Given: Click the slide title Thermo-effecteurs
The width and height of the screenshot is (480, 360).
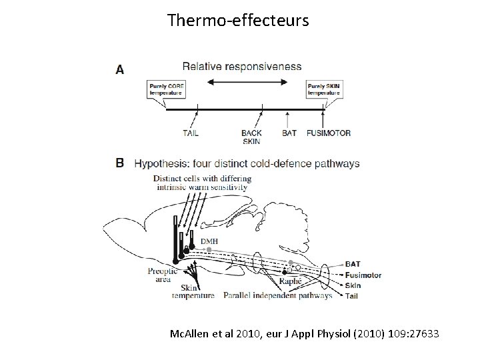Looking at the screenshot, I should point(238,21).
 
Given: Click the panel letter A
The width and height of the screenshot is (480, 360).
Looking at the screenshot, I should point(119,69).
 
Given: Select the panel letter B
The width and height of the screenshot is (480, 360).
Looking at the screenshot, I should point(119,163).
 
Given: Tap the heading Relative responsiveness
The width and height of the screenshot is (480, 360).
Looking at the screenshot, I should point(241,67).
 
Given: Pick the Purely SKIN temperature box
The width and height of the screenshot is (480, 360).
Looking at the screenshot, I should point(324,89).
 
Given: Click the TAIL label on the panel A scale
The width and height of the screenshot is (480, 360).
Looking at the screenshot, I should point(191,133).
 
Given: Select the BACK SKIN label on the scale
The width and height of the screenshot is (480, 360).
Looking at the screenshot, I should point(251,137).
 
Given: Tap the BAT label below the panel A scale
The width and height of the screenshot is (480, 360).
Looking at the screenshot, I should point(289,133).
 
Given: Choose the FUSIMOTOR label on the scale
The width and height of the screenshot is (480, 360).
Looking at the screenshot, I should point(328,133).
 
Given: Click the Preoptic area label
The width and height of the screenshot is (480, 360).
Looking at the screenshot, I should point(163,275).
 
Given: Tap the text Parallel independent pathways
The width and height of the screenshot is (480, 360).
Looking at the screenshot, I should point(277,295).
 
